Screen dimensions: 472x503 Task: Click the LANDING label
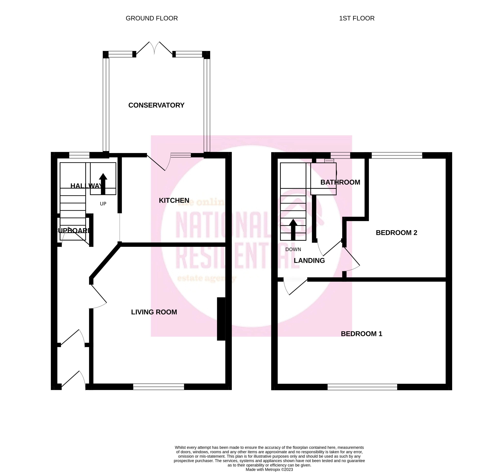click(309, 261)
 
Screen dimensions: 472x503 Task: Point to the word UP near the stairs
click(103, 204)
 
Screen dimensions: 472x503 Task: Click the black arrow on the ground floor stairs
click(103, 184)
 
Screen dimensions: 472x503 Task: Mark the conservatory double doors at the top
click(154, 48)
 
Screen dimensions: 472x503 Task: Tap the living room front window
click(159, 387)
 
